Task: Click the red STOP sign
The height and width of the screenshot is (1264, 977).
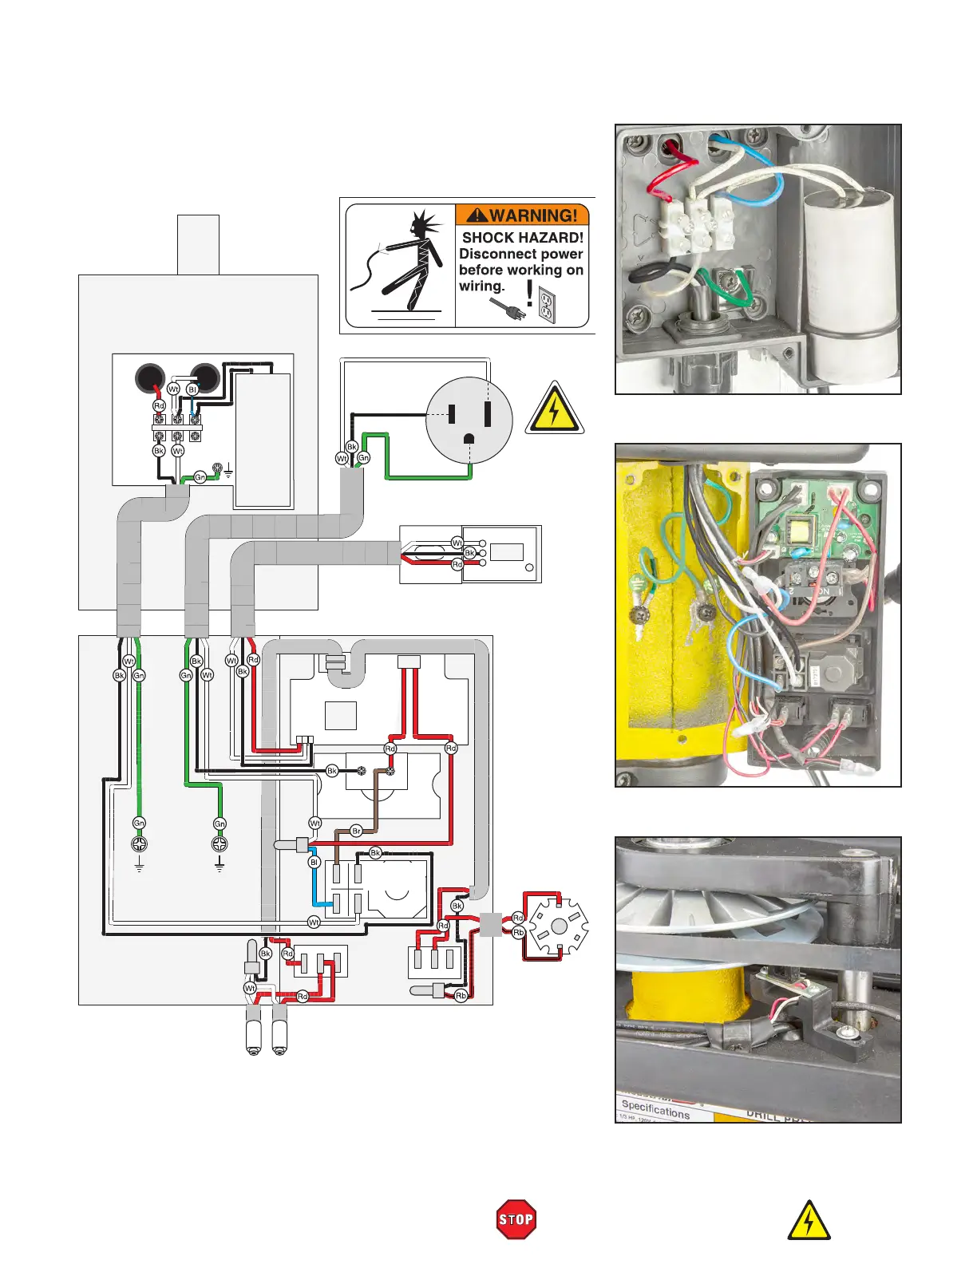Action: tap(516, 1219)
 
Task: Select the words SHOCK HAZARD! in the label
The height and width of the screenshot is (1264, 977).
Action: tap(523, 237)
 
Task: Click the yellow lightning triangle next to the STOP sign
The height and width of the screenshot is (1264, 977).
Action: tap(809, 1221)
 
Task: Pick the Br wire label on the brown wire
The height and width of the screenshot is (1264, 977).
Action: tap(356, 831)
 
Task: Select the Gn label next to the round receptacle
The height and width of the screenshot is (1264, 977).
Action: tap(363, 457)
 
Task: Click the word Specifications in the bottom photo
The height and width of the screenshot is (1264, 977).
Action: tap(655, 1108)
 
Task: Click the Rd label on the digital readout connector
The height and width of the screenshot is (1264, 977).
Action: tap(457, 564)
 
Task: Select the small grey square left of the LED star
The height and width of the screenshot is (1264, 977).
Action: tap(490, 925)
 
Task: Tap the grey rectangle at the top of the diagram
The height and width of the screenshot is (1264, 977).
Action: tap(198, 244)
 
